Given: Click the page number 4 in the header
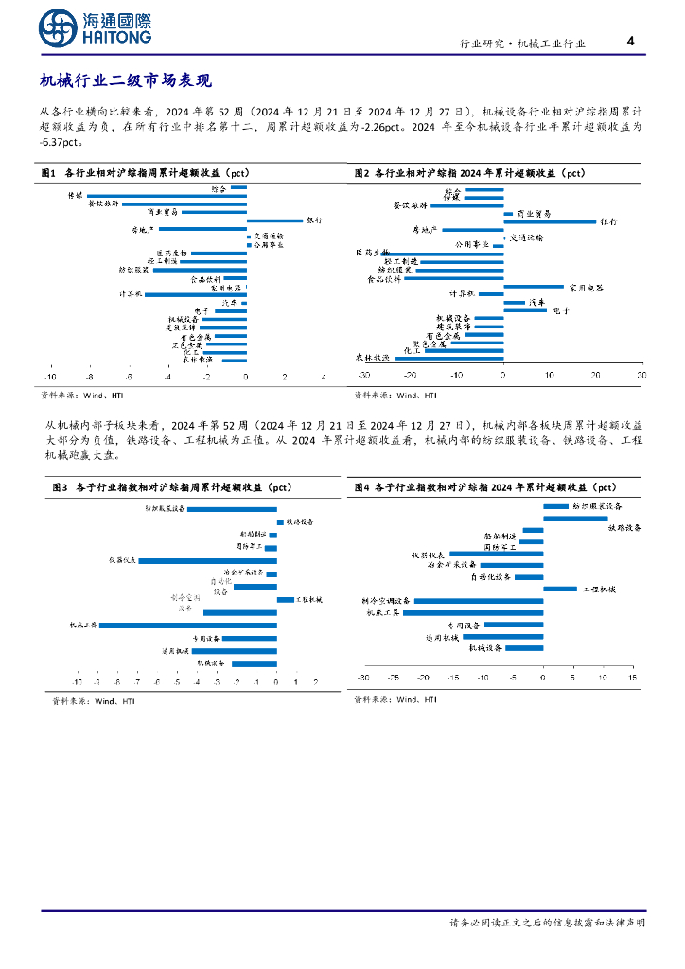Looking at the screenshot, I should (630, 42).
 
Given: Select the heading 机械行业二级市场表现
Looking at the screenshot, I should (132, 82).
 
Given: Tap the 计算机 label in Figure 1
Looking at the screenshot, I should (131, 294).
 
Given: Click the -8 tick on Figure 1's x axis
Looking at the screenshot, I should (88, 377).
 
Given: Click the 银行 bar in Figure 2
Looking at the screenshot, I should (549, 221).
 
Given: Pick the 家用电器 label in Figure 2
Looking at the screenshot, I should (585, 287).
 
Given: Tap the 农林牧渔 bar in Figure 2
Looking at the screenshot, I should (448, 359).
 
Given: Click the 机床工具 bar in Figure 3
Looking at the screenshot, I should (188, 625).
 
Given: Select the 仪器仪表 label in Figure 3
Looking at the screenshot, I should (123, 560).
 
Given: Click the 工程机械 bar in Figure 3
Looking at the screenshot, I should (285, 599).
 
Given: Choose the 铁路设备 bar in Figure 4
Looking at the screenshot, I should (574, 519).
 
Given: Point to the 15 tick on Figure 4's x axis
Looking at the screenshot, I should (633, 678).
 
